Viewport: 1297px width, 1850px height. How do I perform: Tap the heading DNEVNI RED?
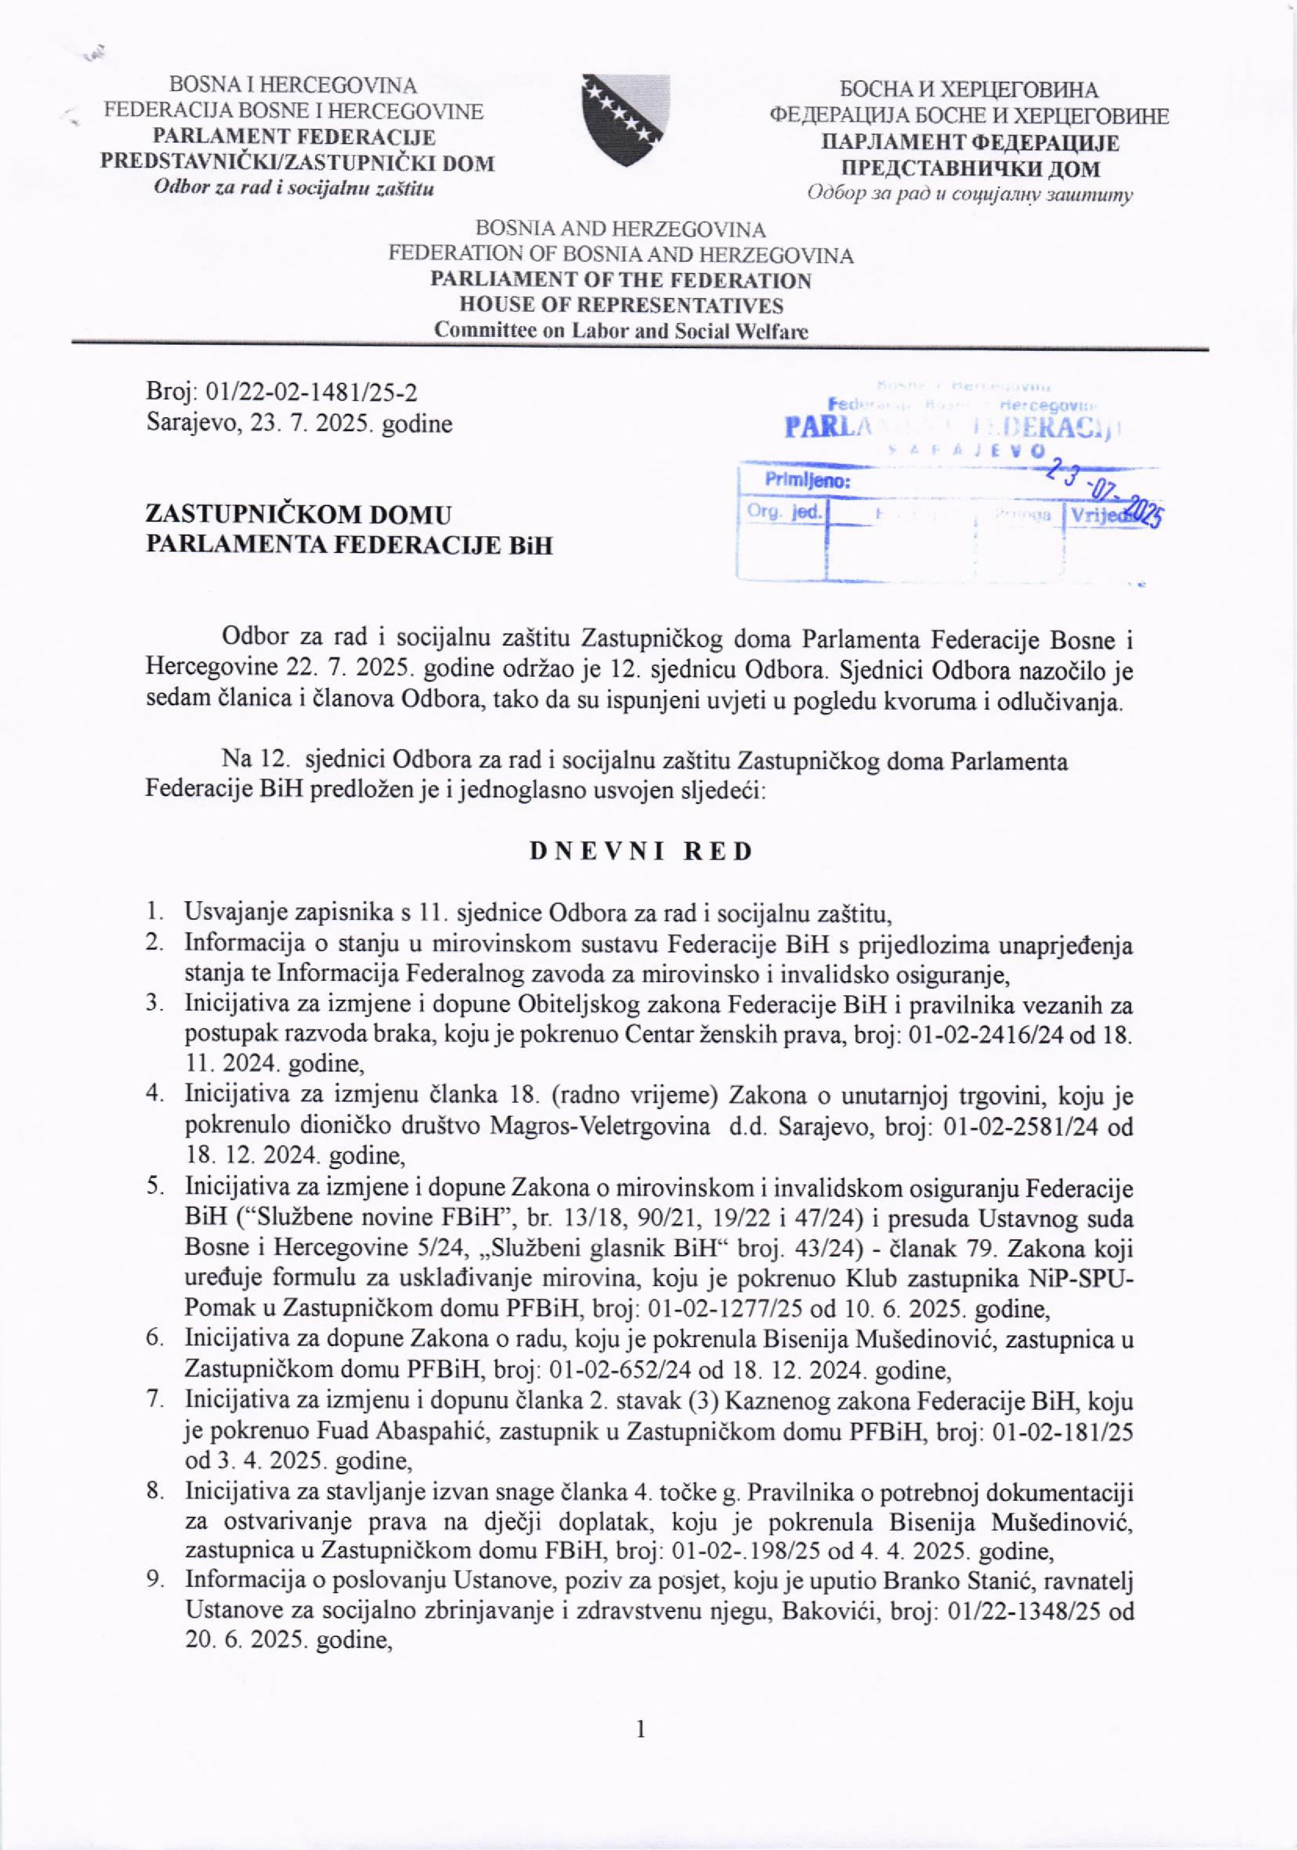(x=641, y=852)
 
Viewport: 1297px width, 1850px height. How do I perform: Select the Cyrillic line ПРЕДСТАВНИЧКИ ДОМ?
(x=970, y=169)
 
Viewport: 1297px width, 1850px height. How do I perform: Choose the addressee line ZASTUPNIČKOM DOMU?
(x=298, y=515)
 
